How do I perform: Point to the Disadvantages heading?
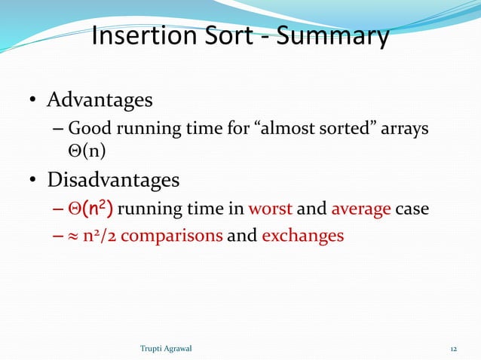(x=113, y=181)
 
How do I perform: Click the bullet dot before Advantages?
(x=34, y=101)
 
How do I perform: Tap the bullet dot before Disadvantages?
(x=34, y=182)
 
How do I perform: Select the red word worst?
(x=270, y=209)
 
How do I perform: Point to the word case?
(x=412, y=209)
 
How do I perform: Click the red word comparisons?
(x=171, y=236)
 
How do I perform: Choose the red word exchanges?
(x=302, y=236)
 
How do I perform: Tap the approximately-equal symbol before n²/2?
(x=74, y=236)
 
